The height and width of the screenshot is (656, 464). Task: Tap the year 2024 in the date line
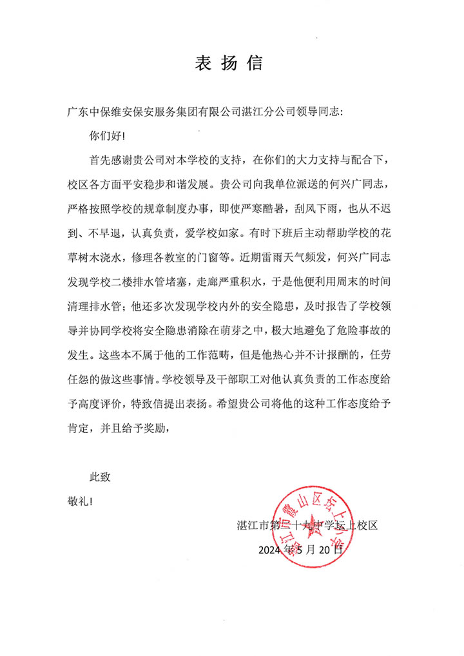[x=271, y=550]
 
